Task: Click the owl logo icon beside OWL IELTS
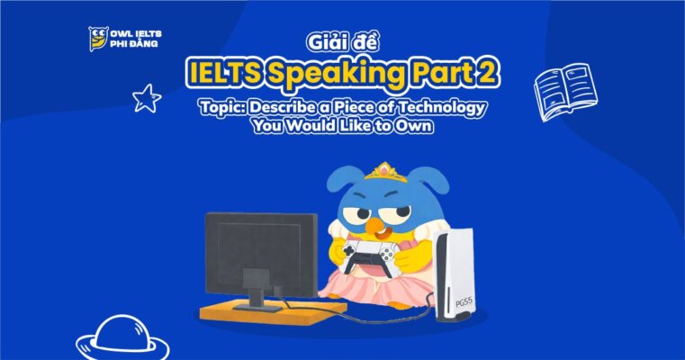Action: (97, 39)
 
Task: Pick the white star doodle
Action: (146, 97)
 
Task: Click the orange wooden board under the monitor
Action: (269, 311)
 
